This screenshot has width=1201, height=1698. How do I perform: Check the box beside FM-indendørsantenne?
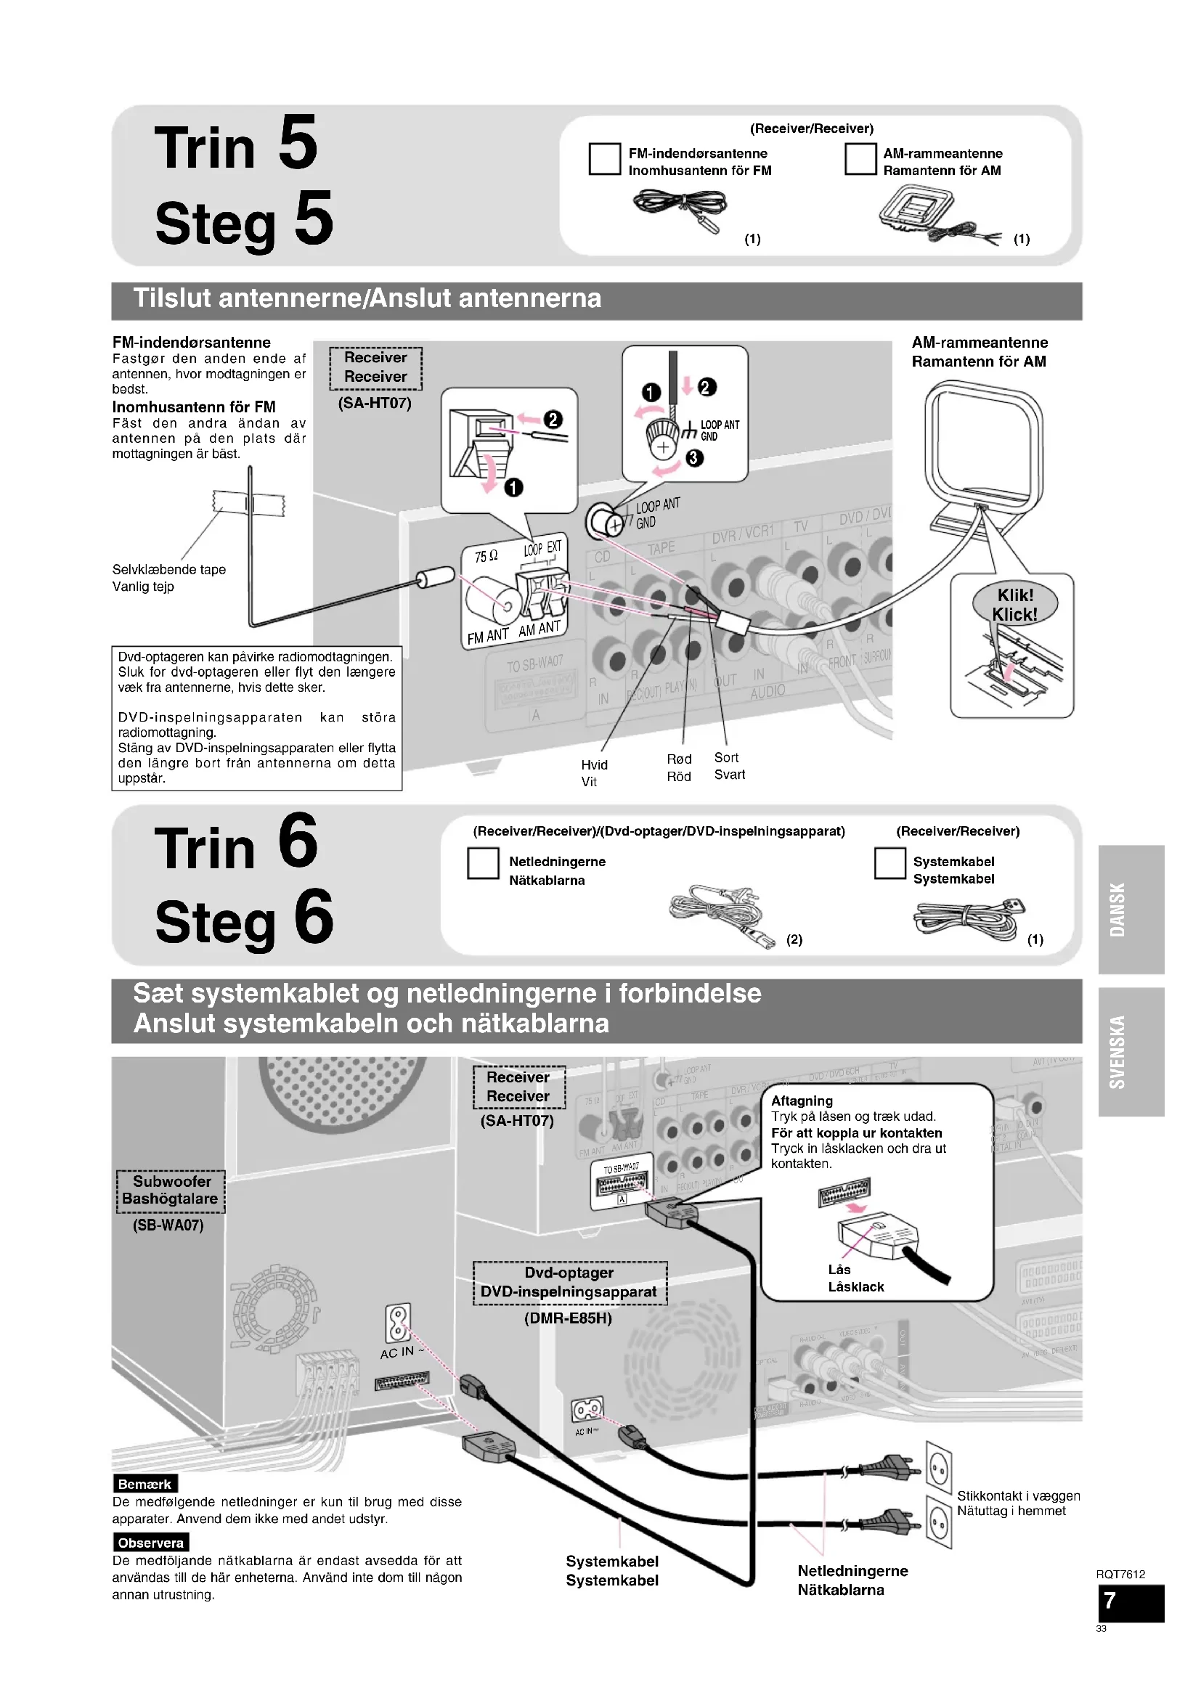(604, 159)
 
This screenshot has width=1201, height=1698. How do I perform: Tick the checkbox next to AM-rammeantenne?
(860, 159)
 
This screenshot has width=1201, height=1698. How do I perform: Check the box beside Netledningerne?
(483, 863)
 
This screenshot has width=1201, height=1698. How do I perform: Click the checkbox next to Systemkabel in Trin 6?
(889, 863)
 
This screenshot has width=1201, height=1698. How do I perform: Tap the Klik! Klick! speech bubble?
(1014, 604)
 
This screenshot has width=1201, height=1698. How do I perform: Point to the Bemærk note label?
(145, 1484)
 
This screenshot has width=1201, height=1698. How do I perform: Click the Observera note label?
(151, 1543)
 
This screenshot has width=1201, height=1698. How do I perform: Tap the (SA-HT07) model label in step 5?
(374, 403)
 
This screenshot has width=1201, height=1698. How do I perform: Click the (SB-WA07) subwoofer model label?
(168, 1225)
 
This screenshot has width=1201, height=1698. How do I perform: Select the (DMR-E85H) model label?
(568, 1318)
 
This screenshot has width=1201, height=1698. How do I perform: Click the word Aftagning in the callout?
(802, 1101)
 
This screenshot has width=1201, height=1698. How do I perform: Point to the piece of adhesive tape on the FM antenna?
(249, 505)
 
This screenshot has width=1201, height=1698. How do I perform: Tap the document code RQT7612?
(1120, 1574)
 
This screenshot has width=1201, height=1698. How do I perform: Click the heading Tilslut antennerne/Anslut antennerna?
(367, 299)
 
